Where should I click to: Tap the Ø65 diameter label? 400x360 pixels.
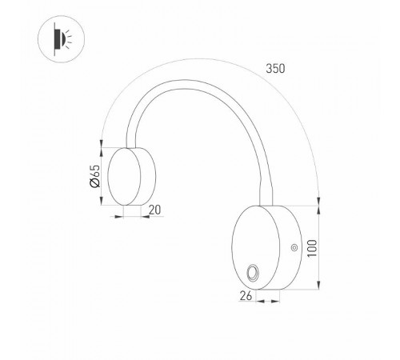tap(94, 176)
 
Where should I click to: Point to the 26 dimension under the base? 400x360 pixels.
tap(247, 296)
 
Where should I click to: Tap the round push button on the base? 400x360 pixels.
tap(254, 272)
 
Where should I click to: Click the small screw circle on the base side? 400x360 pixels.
tap(295, 248)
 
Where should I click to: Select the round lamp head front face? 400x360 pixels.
tap(124, 175)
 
